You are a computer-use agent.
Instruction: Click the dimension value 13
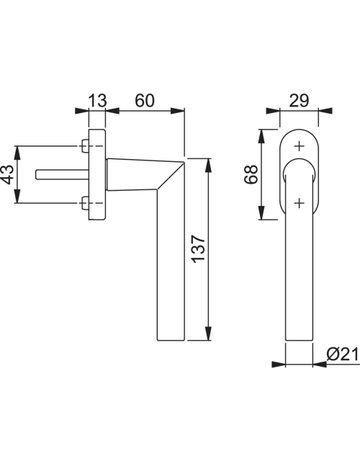coord(97,100)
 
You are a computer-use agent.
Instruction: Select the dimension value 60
coord(145,100)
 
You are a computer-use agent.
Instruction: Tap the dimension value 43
coord(8,174)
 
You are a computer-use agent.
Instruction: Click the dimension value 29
coord(299,100)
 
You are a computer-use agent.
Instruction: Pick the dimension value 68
coord(251,174)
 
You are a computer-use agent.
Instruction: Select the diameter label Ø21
coord(343,354)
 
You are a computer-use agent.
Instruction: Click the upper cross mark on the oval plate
coord(300,146)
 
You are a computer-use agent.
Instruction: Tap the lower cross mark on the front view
coord(300,202)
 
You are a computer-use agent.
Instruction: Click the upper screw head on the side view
coord(85,146)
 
